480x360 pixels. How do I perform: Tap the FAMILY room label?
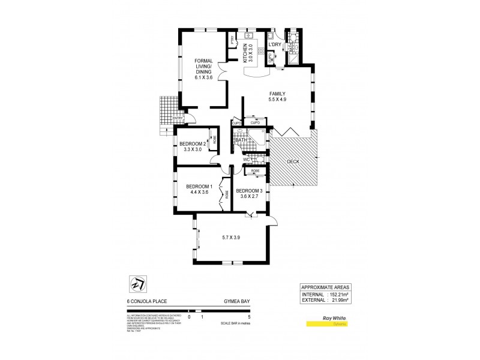[277, 94]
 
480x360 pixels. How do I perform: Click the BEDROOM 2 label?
[193, 144]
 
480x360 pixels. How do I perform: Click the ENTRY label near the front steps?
[178, 118]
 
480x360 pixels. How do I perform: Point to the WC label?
[245, 160]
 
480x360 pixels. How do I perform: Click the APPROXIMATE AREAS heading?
[325, 287]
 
